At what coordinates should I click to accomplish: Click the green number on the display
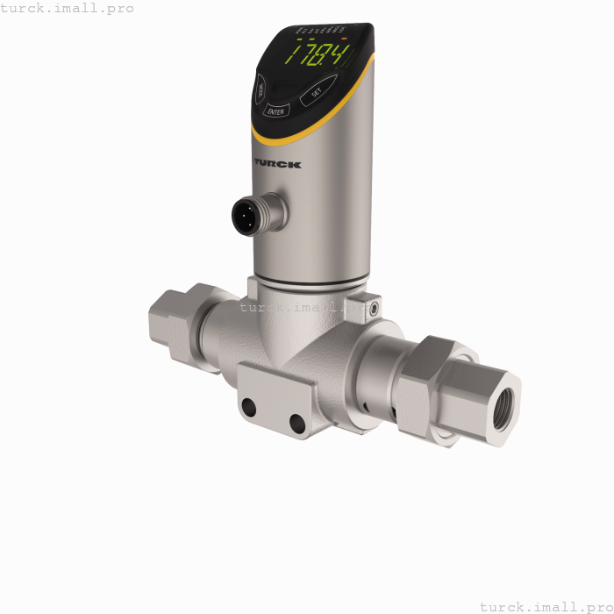click(x=321, y=58)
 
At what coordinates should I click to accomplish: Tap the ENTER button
click(x=275, y=111)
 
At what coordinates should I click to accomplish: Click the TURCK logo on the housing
click(x=277, y=163)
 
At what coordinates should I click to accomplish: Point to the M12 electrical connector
click(x=247, y=214)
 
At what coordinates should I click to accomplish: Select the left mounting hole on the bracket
click(x=249, y=407)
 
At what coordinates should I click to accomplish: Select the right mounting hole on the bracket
click(x=297, y=424)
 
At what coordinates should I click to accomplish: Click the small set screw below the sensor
click(x=374, y=309)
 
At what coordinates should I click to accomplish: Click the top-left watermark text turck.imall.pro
click(x=68, y=8)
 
